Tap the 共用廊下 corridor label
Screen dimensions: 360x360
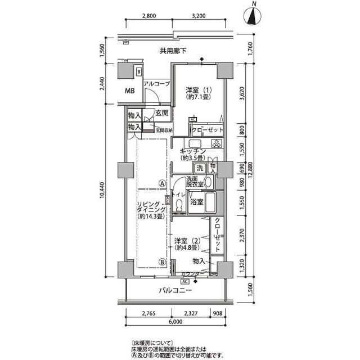pos(174,51)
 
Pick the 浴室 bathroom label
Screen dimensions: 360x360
pos(196,201)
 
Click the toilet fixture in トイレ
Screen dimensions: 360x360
pos(178,206)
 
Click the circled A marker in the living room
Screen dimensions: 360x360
pos(161,182)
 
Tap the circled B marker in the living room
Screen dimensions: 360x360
pos(161,261)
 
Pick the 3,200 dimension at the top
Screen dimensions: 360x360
pos(198,16)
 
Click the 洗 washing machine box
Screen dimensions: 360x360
pos(200,168)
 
